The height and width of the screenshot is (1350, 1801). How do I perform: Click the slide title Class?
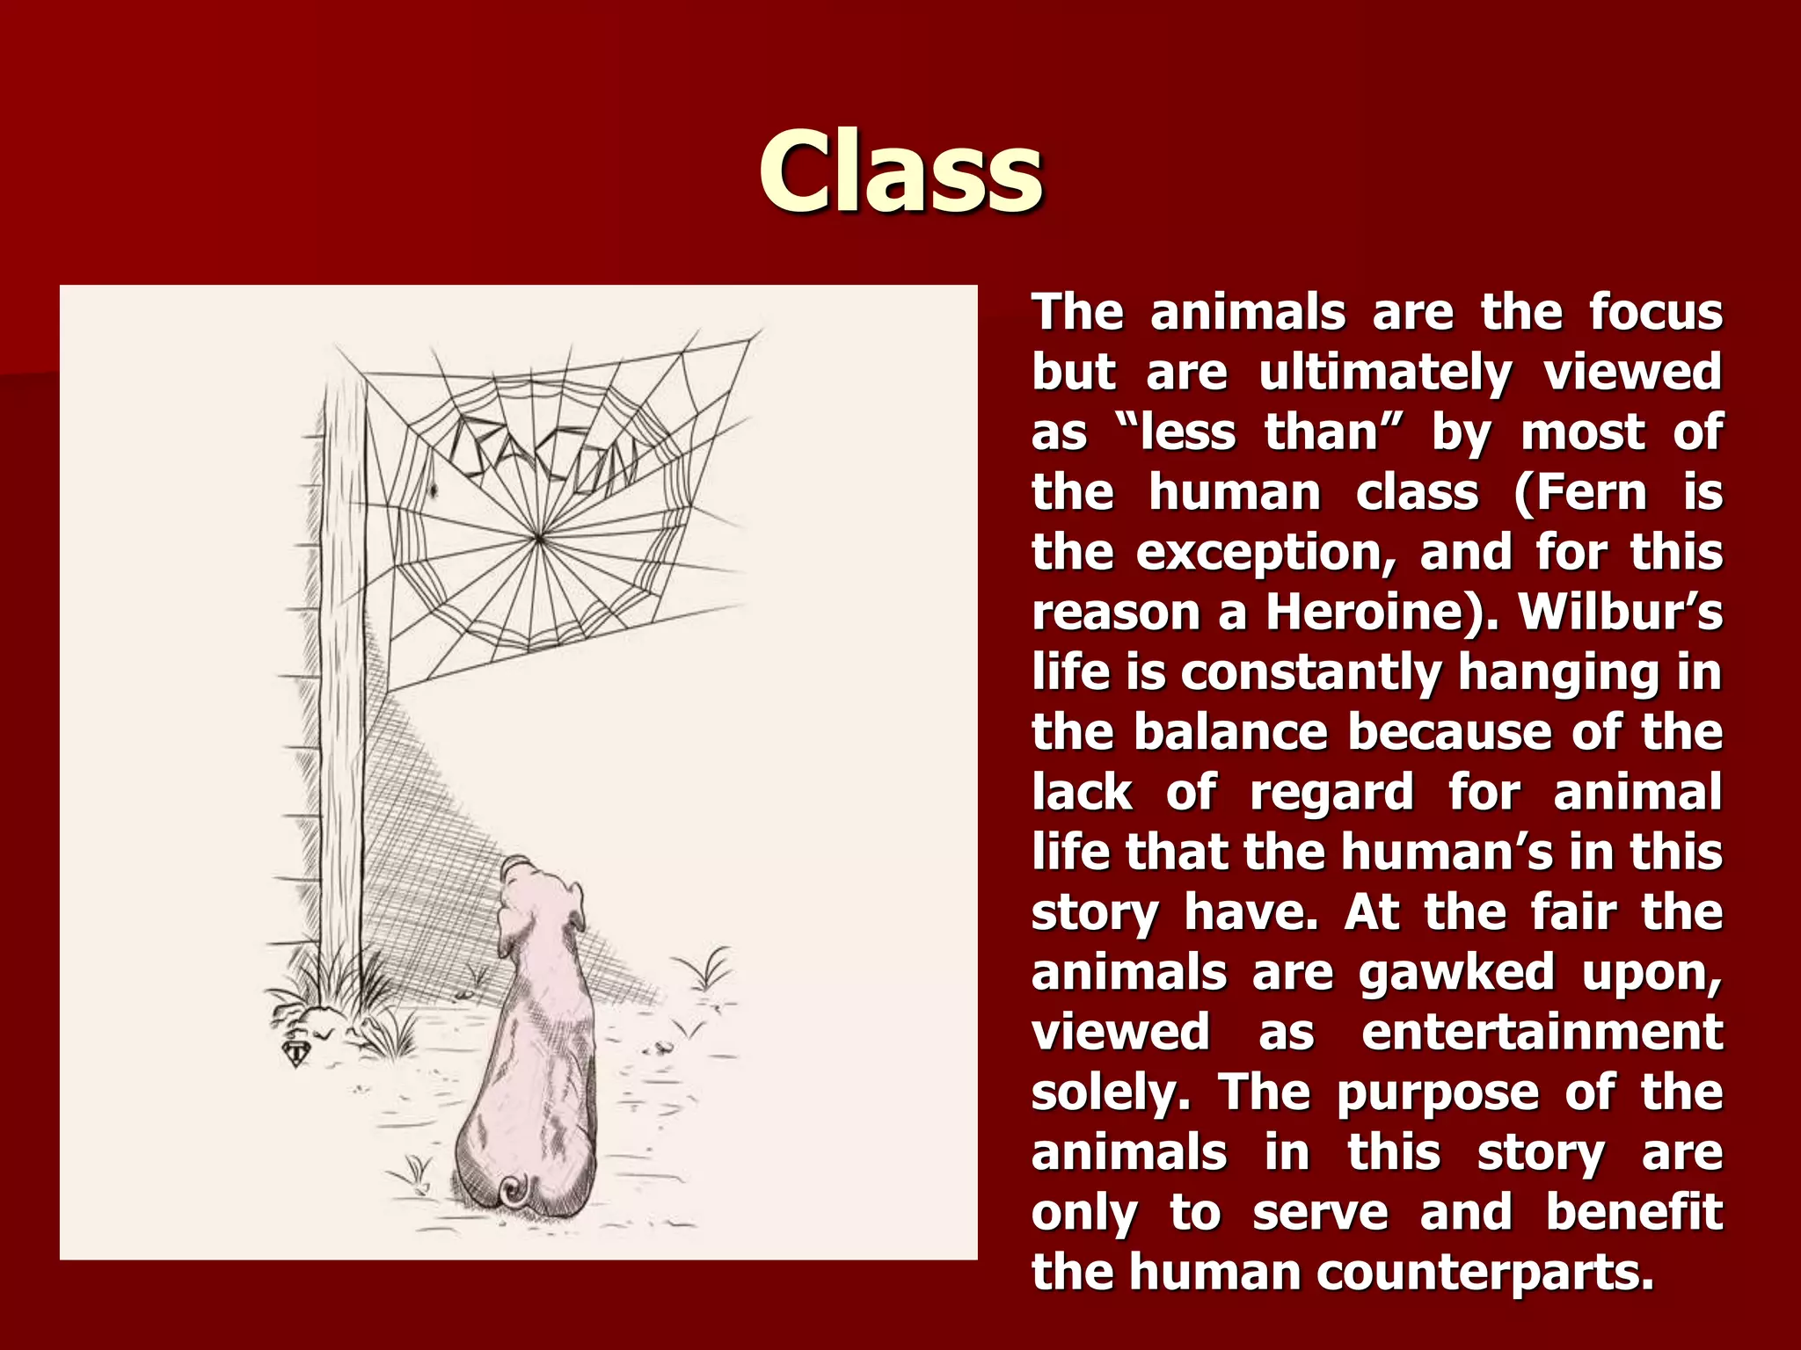tap(900, 171)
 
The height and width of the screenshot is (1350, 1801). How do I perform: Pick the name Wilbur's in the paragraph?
tap(1621, 612)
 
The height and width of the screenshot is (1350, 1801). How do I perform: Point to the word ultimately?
tap(1386, 373)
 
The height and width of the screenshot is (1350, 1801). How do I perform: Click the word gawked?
tap(1455, 973)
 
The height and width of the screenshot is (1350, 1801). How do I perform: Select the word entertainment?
tap(1542, 1033)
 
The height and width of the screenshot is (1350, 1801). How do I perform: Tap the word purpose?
tap(1437, 1092)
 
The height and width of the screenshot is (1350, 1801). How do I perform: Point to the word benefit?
tap(1634, 1213)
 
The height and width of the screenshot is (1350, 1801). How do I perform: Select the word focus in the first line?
tap(1655, 313)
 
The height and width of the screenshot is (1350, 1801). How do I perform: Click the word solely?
tap(1111, 1092)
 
